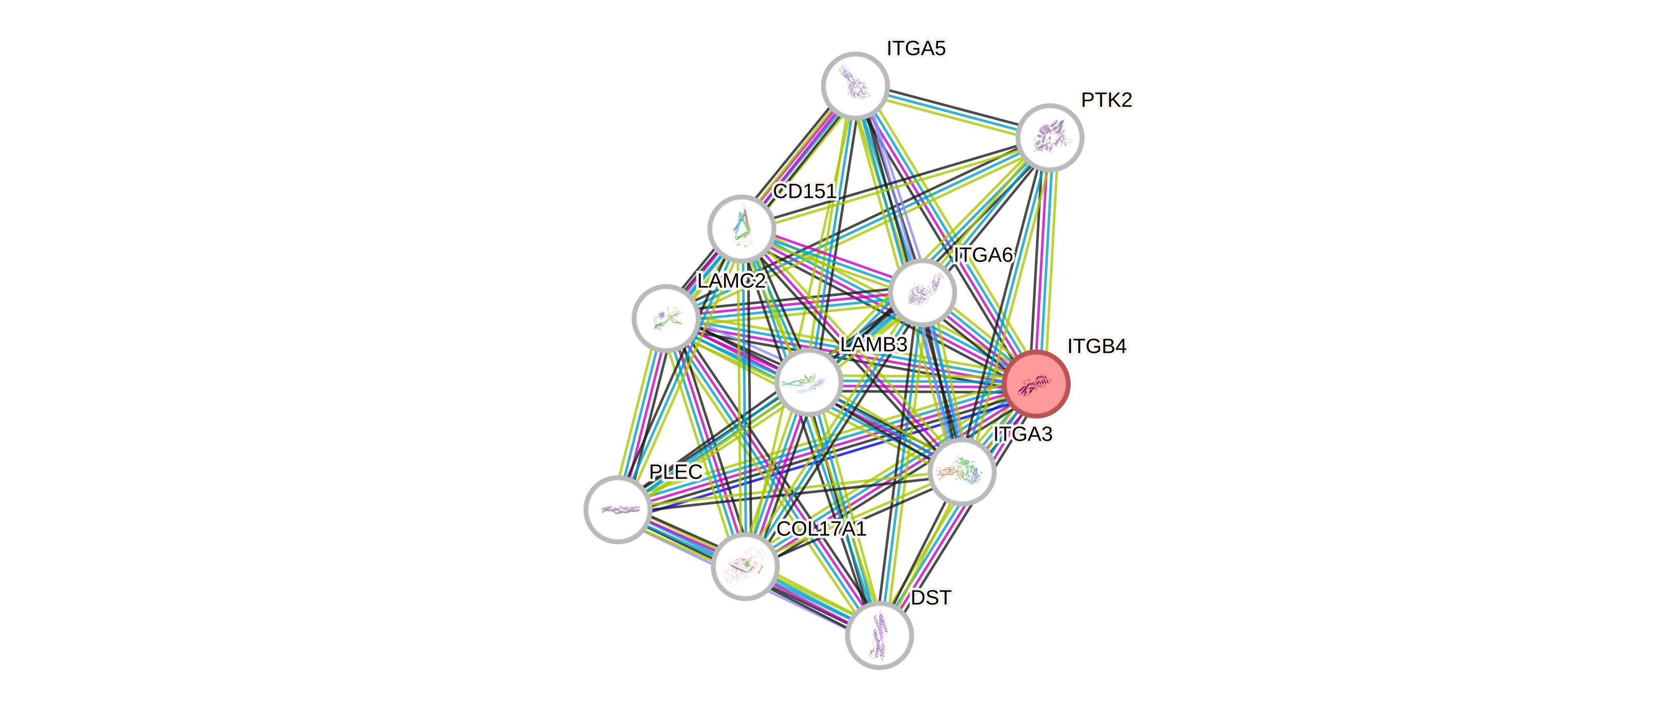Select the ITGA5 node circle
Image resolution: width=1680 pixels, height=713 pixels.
pyautogui.click(x=854, y=85)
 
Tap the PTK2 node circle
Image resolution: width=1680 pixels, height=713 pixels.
pyautogui.click(x=1049, y=137)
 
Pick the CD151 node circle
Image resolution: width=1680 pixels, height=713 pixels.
pyautogui.click(x=742, y=228)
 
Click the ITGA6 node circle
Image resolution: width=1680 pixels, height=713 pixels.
pyautogui.click(x=922, y=292)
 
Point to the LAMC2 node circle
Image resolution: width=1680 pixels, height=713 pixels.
pyautogui.click(x=666, y=318)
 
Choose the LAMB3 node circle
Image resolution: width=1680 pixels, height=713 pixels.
pyautogui.click(x=809, y=382)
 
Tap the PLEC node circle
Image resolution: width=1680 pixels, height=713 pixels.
pyautogui.click(x=617, y=509)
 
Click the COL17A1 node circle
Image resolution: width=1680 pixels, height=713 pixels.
pyautogui.click(x=745, y=566)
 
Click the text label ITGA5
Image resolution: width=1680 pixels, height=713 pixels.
pyautogui.click(x=916, y=48)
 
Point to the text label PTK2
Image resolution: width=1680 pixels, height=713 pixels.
pyautogui.click(x=1107, y=100)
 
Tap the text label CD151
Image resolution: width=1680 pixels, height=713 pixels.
pyautogui.click(x=804, y=191)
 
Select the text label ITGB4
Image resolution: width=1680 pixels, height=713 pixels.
pyautogui.click(x=1097, y=346)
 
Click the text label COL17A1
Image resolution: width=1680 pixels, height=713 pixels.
pyautogui.click(x=821, y=529)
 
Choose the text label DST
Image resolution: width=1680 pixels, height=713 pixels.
pyautogui.click(x=931, y=598)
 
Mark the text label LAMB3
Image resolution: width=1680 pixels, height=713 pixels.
pyautogui.click(x=873, y=345)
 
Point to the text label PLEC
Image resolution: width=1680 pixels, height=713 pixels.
pyautogui.click(x=675, y=472)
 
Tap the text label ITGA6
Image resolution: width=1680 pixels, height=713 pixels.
pyautogui.click(x=983, y=255)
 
